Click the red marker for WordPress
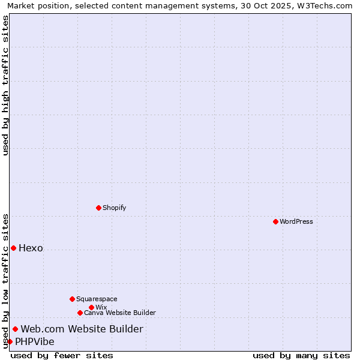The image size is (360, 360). pos(275,221)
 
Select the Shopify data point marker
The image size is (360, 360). pos(98,208)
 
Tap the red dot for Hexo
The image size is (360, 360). pos(13,248)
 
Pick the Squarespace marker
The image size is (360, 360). pos(72,299)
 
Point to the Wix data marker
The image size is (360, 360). pos(91,307)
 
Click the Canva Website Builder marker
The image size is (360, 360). pos(80,313)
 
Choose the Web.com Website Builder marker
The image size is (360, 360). pos(15,329)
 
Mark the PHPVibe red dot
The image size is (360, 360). pos(10,341)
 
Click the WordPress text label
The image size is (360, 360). pos(296,221)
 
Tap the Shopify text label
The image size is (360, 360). pos(114,208)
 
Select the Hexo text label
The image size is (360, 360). pos(31,248)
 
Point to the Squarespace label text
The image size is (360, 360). pos(97,299)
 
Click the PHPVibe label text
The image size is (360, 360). pos(34,341)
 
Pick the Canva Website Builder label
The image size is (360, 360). pos(119,313)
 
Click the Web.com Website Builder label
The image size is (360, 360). pos(82,329)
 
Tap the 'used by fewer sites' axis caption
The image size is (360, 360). pos(62,355)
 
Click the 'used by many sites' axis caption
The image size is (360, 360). pos(301,355)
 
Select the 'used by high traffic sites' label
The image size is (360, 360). pos(5,85)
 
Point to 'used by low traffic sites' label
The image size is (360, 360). pos(5,280)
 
